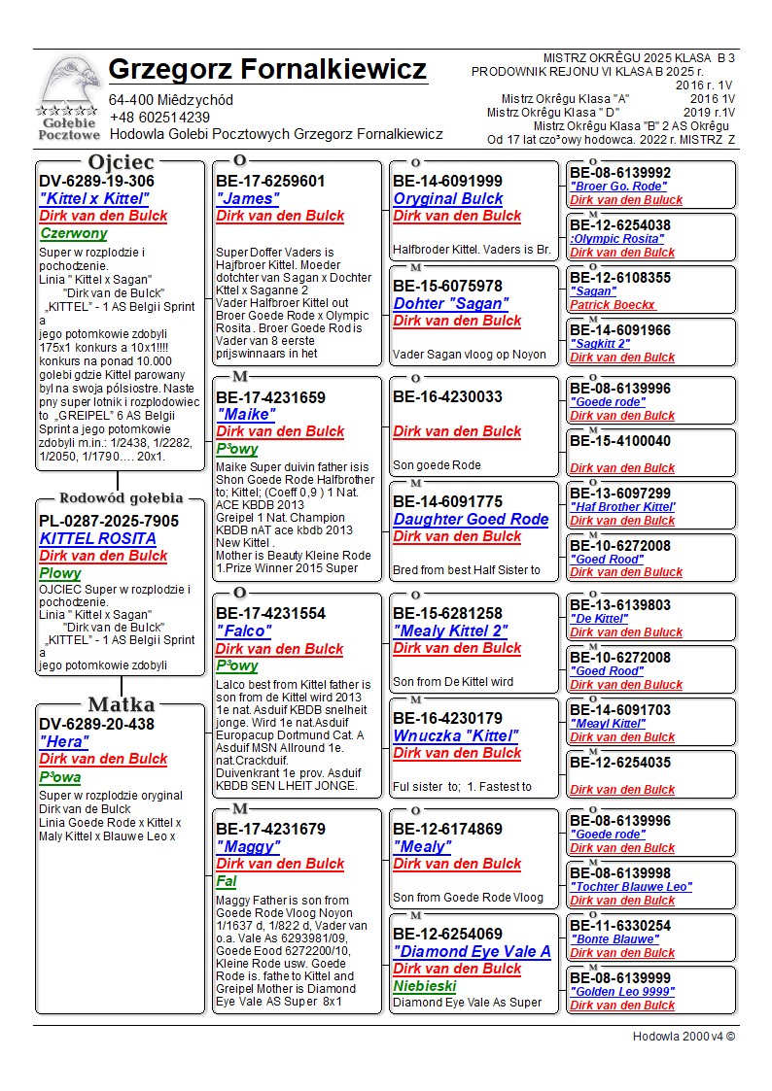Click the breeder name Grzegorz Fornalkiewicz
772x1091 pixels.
coord(267,70)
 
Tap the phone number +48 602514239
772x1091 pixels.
coord(159,118)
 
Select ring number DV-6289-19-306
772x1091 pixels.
coord(96,182)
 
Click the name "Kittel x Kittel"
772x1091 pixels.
coord(94,199)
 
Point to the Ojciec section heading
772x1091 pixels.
coord(120,162)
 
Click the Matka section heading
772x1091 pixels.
coord(120,705)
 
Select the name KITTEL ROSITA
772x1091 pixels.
coord(97,538)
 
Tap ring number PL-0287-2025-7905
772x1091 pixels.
coord(109,522)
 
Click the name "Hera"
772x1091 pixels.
coord(65,741)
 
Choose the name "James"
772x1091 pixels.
coord(247,198)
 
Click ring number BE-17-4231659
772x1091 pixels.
coord(270,397)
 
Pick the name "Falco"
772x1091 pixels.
coord(244,631)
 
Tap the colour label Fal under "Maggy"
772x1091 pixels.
coord(226,882)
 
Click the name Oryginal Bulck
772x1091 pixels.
coord(448,198)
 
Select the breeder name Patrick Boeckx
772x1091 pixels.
coord(613,305)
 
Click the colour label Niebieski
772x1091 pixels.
coord(426,986)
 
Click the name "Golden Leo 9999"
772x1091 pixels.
coord(622,992)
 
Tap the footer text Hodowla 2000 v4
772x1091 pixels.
coord(684,1036)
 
